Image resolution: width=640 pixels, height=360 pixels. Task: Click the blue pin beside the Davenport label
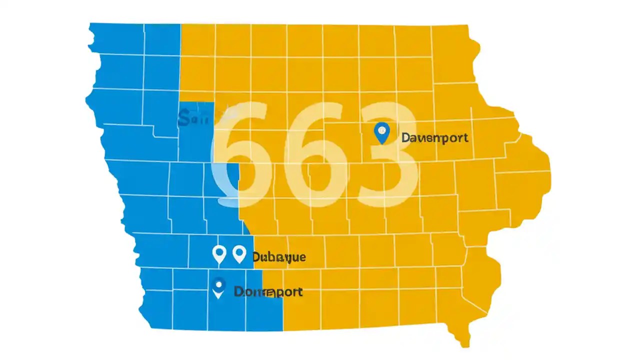pyautogui.click(x=381, y=132)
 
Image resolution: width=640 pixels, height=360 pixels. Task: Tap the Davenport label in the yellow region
pyautogui.click(x=435, y=137)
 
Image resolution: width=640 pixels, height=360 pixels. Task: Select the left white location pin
pyautogui.click(x=219, y=254)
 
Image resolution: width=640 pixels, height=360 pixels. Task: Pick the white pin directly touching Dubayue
pyautogui.click(x=239, y=254)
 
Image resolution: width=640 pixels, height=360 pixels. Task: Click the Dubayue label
pyautogui.click(x=278, y=257)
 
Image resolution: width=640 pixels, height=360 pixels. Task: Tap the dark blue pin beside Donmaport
pyautogui.click(x=218, y=287)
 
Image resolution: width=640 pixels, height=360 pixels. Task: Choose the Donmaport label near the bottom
pyautogui.click(x=268, y=292)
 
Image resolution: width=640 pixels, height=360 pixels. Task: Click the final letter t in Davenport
pyautogui.click(x=465, y=137)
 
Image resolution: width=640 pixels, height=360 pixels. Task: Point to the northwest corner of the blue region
pyautogui.click(x=90, y=24)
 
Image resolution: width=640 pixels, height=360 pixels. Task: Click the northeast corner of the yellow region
pyautogui.click(x=467, y=25)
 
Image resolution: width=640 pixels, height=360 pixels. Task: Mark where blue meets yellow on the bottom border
pyautogui.click(x=283, y=330)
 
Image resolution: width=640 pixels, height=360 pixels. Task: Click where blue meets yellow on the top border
pyautogui.click(x=181, y=24)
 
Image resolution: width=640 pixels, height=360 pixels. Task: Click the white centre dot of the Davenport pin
pyautogui.click(x=381, y=130)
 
